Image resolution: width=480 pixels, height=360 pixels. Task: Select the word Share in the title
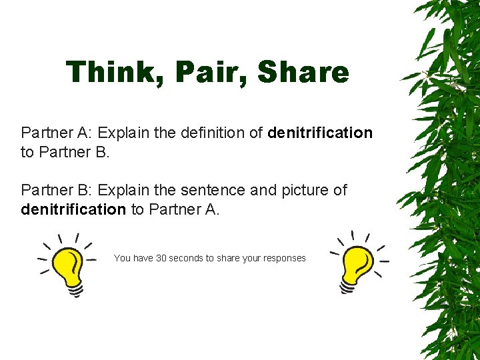click(x=303, y=73)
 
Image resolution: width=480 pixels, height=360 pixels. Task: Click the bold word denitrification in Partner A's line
click(x=320, y=133)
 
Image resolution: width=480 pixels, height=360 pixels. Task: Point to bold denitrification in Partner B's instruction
click(x=73, y=209)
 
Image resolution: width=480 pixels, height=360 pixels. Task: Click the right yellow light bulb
click(x=357, y=263)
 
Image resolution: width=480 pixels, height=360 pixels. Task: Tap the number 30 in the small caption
click(x=161, y=258)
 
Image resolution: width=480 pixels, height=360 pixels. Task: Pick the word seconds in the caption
click(x=187, y=258)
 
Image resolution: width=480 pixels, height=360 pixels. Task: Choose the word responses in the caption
click(x=284, y=258)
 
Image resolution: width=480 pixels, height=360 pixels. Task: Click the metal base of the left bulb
click(x=75, y=289)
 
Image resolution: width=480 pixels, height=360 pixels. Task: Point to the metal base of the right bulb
click(x=348, y=287)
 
